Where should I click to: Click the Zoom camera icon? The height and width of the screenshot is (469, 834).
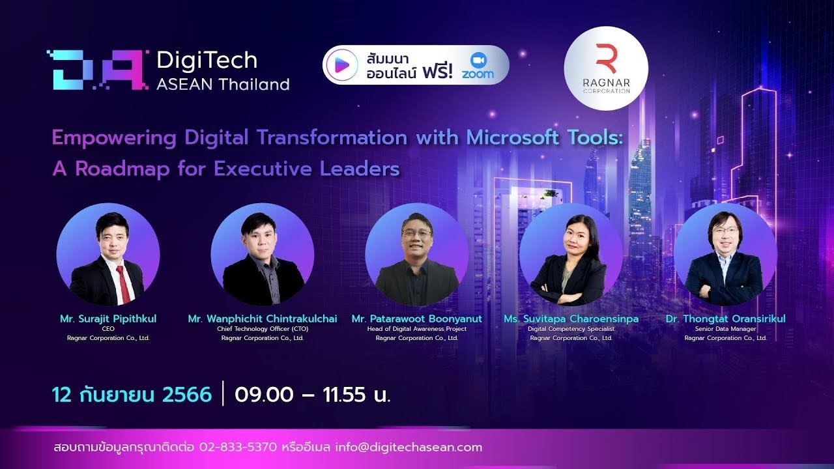tap(478, 60)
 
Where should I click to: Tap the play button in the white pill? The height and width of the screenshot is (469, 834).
tap(342, 65)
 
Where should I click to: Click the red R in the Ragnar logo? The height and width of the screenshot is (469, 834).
tap(606, 59)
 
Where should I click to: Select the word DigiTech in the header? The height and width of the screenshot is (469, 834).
tap(207, 61)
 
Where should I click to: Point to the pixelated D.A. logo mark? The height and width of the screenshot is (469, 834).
tap(98, 70)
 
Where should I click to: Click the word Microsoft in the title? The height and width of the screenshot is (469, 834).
tap(512, 137)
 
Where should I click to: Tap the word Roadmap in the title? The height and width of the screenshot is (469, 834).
tap(122, 169)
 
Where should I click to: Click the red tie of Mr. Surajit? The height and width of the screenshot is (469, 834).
tap(123, 283)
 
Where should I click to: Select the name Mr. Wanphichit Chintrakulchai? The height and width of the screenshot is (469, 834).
tap(263, 319)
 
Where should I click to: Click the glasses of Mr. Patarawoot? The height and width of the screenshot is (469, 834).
tap(416, 233)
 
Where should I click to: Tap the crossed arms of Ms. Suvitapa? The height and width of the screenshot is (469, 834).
tap(567, 293)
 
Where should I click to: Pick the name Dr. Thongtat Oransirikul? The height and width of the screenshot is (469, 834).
tap(726, 319)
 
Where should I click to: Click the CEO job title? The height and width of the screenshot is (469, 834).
tap(108, 329)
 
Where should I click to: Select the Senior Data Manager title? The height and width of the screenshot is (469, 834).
tap(726, 329)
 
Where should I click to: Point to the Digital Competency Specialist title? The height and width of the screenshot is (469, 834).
tap(571, 329)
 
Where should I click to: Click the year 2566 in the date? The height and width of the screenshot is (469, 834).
tap(187, 395)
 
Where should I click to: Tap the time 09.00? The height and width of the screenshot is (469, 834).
tap(264, 395)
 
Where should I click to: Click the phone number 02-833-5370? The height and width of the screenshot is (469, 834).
tap(238, 447)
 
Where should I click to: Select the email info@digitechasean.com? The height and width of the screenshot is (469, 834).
tap(409, 447)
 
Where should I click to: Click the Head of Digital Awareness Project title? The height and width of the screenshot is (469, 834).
tap(416, 329)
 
